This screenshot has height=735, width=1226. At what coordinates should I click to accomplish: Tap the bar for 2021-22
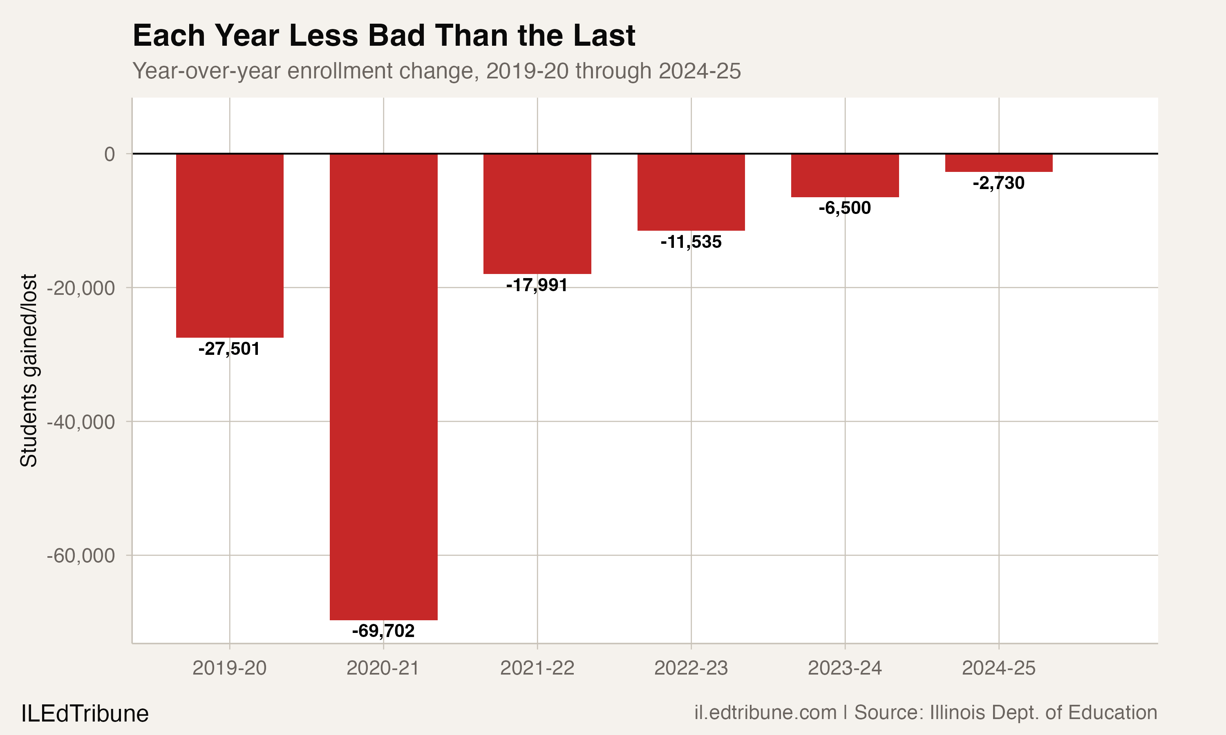coord(537,214)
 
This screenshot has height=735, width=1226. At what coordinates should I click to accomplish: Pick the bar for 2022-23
coord(691,192)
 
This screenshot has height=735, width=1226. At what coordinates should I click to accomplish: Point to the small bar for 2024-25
coord(998,163)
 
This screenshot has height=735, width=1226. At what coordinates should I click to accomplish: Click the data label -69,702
coord(383,631)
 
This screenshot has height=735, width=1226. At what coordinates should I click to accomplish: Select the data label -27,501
coord(229,349)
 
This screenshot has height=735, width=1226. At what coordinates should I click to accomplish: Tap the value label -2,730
coord(998,183)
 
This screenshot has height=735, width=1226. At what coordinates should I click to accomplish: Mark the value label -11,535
coord(691,242)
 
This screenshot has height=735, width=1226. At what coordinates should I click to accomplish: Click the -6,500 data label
coord(844,208)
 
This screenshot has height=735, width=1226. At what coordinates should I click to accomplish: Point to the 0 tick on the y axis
coord(110,154)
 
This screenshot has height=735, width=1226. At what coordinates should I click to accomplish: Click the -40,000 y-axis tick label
coord(81,422)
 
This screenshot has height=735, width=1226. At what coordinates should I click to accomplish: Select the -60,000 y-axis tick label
coord(81,556)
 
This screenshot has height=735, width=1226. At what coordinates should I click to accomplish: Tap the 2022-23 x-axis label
coord(691,668)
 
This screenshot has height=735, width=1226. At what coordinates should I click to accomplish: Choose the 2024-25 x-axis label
coord(998,668)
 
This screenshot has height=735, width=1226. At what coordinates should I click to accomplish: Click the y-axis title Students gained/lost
coord(29,370)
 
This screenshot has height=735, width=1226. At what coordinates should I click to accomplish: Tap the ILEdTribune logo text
coord(85,714)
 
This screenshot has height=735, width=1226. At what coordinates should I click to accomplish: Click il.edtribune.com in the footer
coord(765,713)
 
